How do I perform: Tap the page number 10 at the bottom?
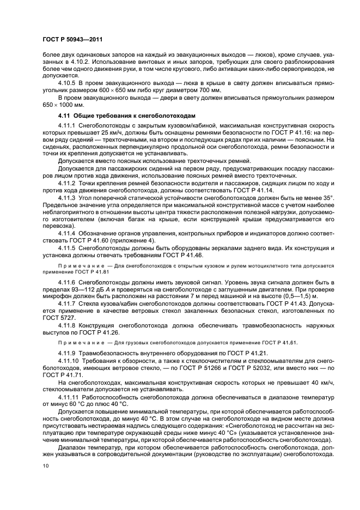[45, 466]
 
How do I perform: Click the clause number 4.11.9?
[68, 352]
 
